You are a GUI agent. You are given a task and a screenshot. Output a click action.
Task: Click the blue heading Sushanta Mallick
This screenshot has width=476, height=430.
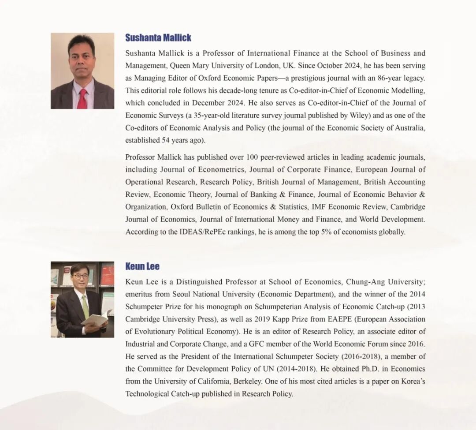tap(158, 38)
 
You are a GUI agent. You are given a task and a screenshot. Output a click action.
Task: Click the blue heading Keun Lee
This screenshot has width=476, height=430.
tap(142, 266)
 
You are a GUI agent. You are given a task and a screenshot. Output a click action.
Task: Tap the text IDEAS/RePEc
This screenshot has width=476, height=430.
tap(190, 232)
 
